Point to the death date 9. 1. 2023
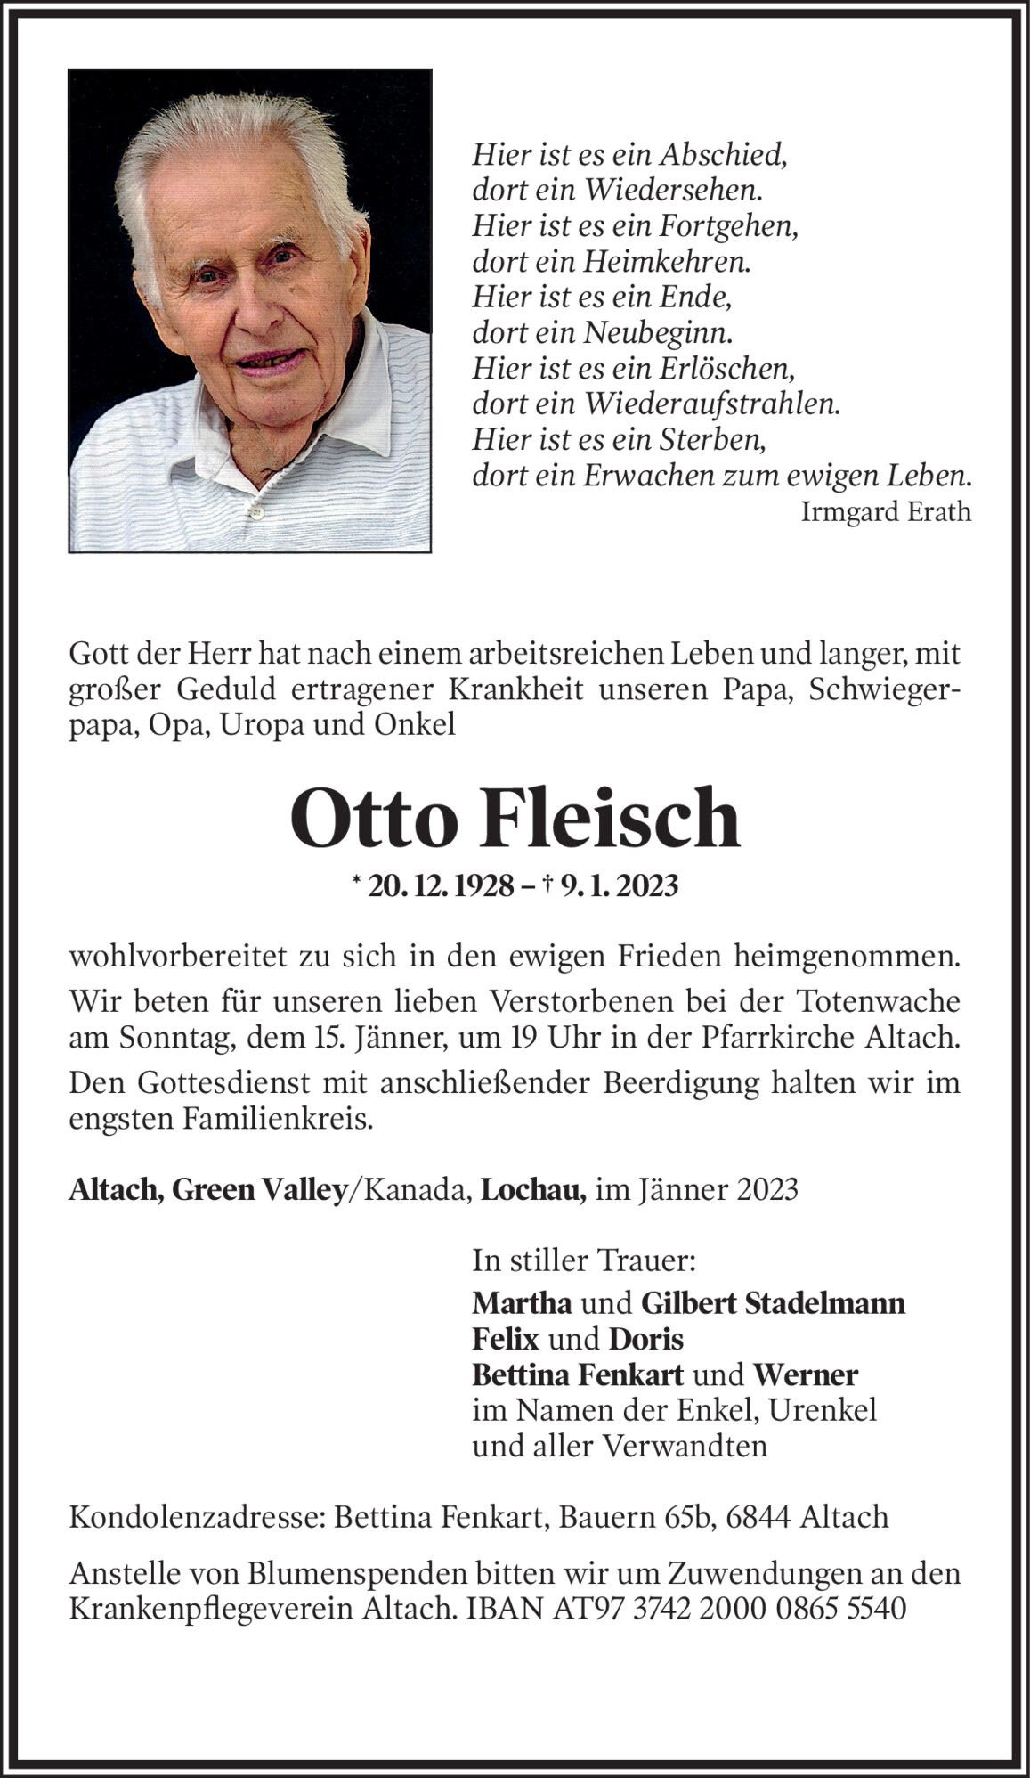[x=620, y=885]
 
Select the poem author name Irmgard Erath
[x=886, y=512]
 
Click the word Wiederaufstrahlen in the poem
[x=711, y=404]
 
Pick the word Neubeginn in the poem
[x=658, y=332]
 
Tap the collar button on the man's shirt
[x=257, y=513]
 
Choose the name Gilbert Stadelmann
[x=773, y=1303]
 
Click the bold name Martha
[x=522, y=1303]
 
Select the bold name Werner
[x=806, y=1374]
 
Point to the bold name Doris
[x=646, y=1339]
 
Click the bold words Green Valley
[x=259, y=1190]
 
